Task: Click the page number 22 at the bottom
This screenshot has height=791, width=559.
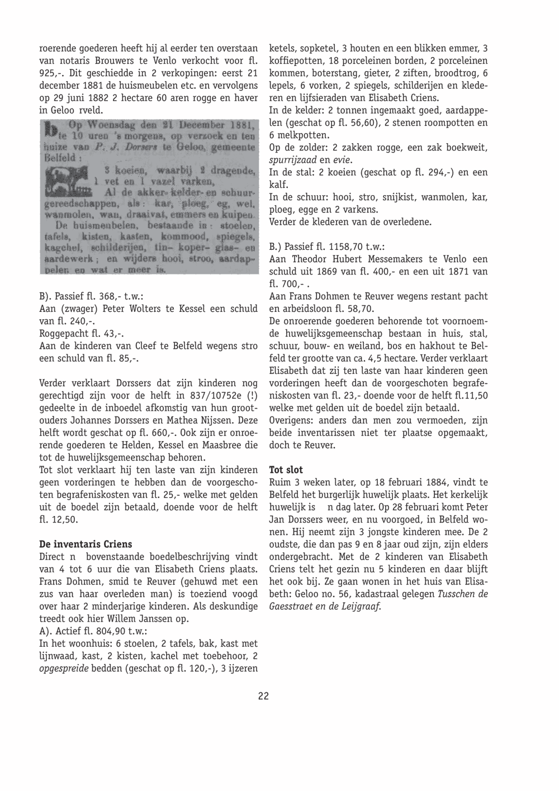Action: tap(263, 696)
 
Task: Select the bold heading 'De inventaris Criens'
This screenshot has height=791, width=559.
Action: tap(86, 544)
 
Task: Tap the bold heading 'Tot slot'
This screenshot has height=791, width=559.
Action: tap(286, 470)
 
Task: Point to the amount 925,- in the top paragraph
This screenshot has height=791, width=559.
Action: tap(51, 73)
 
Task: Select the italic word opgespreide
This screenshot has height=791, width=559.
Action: tap(63, 669)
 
